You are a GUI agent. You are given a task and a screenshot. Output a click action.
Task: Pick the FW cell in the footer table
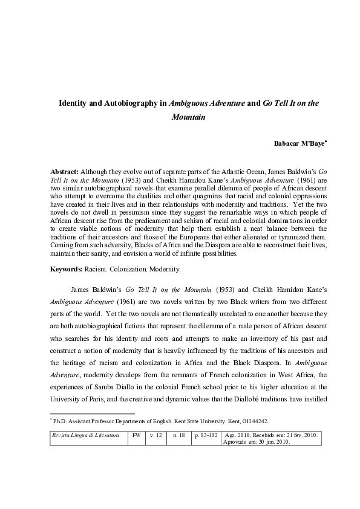[137, 435]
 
